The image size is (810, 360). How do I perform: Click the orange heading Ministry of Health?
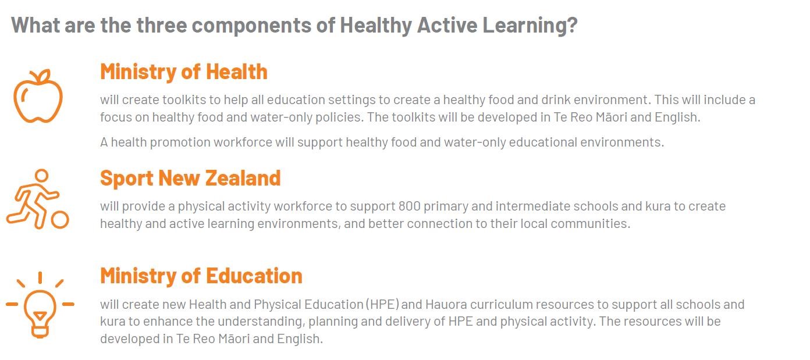click(x=183, y=72)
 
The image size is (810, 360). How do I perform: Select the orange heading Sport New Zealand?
click(x=190, y=178)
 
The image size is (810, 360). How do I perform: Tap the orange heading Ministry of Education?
click(x=201, y=276)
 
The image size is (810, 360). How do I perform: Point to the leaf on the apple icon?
click(x=44, y=76)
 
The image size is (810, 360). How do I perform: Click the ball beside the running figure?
click(x=60, y=219)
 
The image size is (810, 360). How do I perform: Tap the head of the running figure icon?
click(x=41, y=176)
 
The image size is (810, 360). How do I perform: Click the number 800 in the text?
click(x=409, y=206)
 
